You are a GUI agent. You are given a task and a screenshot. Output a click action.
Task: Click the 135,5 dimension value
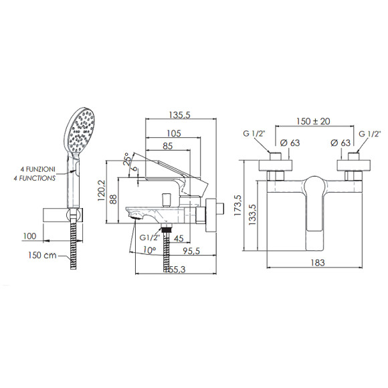179,115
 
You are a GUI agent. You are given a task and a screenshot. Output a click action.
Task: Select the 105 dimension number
174,134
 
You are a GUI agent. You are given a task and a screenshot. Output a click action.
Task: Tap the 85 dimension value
167,146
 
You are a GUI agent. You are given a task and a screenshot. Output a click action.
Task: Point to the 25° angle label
127,159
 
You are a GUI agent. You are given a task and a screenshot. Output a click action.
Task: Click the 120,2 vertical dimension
102,190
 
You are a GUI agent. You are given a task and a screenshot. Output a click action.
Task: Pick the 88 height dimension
113,199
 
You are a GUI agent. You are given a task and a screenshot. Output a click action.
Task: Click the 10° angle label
149,250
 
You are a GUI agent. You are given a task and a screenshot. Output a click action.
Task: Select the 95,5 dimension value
191,251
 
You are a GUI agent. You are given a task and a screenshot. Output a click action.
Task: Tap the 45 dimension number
179,238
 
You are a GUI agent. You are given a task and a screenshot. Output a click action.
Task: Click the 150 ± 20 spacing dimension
313,121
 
